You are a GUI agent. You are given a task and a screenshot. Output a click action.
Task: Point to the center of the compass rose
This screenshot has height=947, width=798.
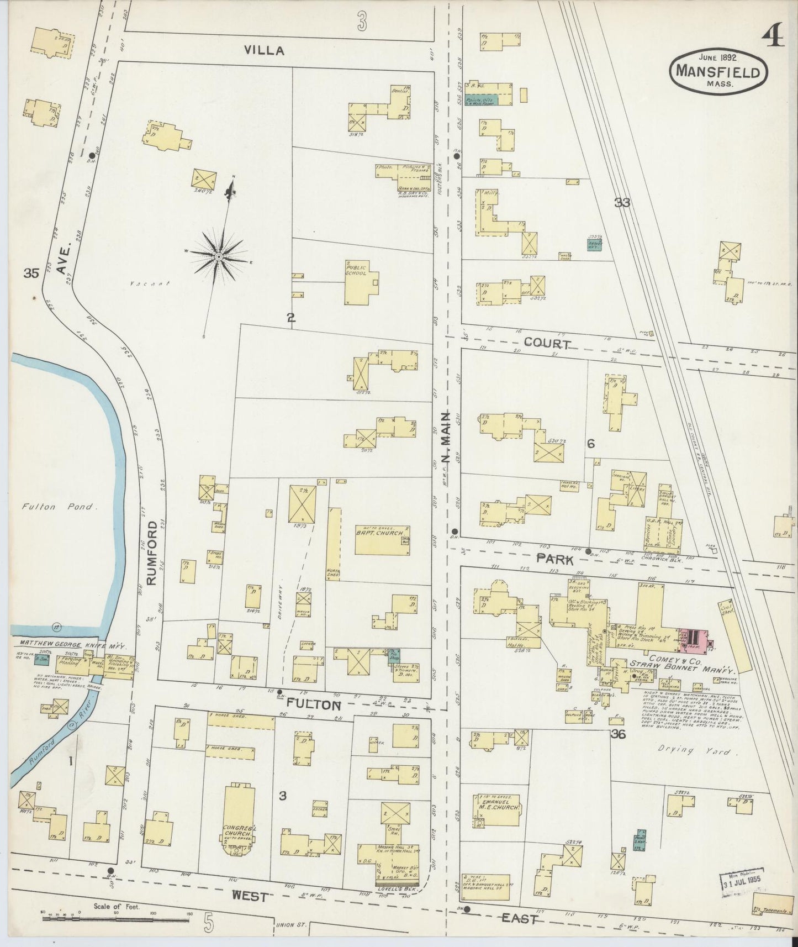pyautogui.click(x=219, y=257)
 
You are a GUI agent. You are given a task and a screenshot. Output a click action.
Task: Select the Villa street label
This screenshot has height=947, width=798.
pyautogui.click(x=265, y=51)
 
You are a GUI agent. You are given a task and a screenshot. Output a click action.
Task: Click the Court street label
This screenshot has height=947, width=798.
pyautogui.click(x=547, y=343)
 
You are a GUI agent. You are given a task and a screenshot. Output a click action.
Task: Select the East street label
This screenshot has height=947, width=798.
pyautogui.click(x=520, y=918)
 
